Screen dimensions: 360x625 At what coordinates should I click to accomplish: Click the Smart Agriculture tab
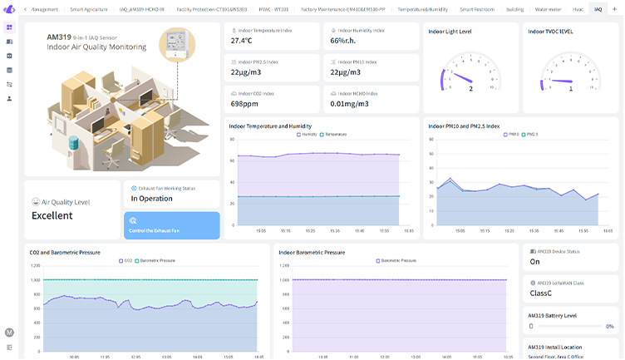88,9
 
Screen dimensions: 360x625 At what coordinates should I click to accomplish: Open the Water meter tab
548,9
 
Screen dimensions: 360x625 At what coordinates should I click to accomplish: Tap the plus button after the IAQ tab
614,9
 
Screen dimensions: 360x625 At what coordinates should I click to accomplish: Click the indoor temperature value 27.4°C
242,40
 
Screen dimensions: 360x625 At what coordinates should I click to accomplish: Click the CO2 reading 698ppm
244,103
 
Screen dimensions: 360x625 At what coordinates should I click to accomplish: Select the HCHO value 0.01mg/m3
348,103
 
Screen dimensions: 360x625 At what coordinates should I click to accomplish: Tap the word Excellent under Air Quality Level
52,215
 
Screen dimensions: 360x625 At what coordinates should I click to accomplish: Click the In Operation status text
151,199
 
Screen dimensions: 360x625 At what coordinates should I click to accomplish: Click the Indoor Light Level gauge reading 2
470,88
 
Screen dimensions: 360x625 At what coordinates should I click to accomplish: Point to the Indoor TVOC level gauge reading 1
570,88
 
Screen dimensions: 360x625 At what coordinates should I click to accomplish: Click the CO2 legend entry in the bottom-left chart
125,260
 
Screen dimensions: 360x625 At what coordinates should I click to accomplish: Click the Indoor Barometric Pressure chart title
312,252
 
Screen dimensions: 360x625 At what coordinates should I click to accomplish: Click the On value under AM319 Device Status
535,261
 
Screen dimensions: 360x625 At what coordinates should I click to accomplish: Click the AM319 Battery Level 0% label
609,327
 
